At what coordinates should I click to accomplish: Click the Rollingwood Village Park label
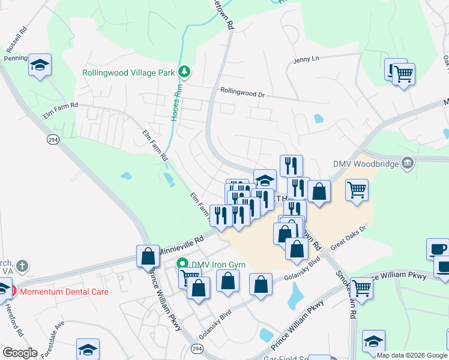[x=128, y=73]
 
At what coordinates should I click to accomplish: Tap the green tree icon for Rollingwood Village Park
[x=185, y=73]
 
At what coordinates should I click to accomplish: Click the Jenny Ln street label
[x=306, y=59]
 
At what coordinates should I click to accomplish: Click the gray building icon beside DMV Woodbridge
[x=407, y=163]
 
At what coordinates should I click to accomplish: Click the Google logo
[x=20, y=353]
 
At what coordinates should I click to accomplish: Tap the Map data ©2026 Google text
[x=411, y=355]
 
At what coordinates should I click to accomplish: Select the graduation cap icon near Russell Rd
[x=40, y=65]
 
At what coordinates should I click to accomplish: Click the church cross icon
[x=22, y=265]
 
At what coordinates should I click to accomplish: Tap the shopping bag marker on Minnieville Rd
[x=148, y=256]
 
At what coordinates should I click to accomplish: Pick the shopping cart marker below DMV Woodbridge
[x=357, y=190]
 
